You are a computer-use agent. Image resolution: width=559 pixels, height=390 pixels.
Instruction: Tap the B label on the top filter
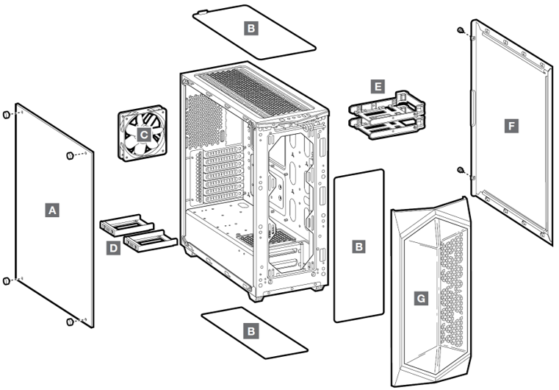pyautogui.click(x=251, y=29)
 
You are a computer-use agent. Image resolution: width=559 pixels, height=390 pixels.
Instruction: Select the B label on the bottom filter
pyautogui.click(x=251, y=331)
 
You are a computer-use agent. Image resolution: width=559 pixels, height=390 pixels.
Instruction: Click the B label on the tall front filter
pyautogui.click(x=358, y=247)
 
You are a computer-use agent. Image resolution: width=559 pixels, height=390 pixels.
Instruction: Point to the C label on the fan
pyautogui.click(x=145, y=135)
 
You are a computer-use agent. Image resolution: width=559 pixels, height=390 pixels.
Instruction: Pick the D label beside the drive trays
pyautogui.click(x=113, y=249)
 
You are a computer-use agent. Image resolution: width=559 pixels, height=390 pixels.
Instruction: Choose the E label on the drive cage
pyautogui.click(x=377, y=87)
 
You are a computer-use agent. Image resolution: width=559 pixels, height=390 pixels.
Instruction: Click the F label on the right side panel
pyautogui.click(x=511, y=126)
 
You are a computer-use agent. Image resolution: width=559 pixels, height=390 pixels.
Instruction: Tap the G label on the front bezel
pyautogui.click(x=420, y=299)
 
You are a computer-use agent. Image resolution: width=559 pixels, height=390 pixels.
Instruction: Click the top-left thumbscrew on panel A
pyautogui.click(x=7, y=115)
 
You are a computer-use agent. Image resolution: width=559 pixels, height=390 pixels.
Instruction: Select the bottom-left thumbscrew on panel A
pyautogui.click(x=7, y=280)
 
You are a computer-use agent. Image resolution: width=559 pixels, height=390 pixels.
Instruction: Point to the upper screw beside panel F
pyautogui.click(x=460, y=31)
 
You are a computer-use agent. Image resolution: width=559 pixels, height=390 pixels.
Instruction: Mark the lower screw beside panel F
pyautogui.click(x=460, y=170)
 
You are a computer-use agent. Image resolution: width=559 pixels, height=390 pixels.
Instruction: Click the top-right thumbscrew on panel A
pyautogui.click(x=71, y=155)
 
